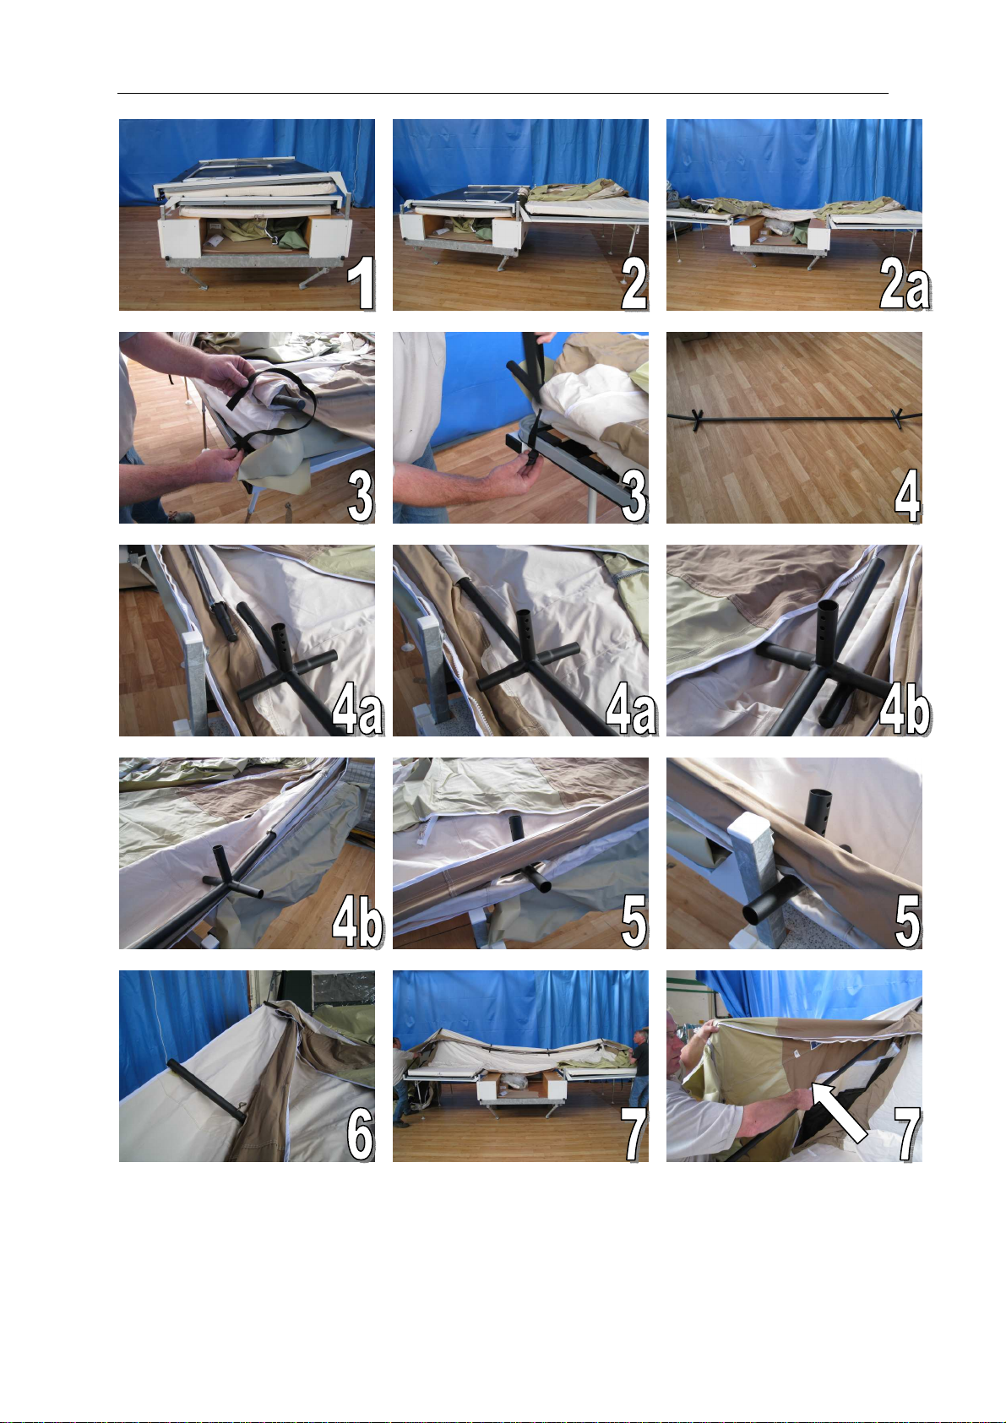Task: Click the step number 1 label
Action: (x=361, y=283)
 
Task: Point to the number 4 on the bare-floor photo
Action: (x=907, y=496)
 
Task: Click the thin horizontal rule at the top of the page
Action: (x=503, y=94)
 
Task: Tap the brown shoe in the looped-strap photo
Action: (x=181, y=517)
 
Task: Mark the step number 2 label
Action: (x=634, y=284)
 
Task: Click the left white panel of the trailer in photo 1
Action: (x=178, y=238)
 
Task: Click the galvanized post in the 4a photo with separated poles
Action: (x=193, y=681)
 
